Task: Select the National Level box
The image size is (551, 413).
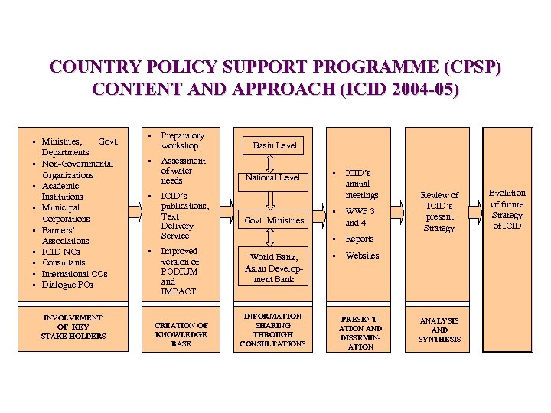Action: coord(272,177)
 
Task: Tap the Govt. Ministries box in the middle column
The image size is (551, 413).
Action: coord(273,220)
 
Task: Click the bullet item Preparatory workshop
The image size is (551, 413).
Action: coord(180,140)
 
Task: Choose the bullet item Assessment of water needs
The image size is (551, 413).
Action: coord(183,171)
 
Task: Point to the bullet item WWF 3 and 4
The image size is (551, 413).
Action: coord(360,216)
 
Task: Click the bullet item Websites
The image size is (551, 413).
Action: coord(362,255)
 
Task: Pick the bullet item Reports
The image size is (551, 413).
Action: coord(359,239)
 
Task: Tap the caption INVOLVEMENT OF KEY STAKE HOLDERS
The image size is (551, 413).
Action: coord(73,327)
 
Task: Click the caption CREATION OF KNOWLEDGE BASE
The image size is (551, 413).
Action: coord(181,334)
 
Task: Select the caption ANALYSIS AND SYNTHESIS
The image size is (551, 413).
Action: coord(439,330)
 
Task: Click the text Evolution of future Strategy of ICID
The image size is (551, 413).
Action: coord(507,209)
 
